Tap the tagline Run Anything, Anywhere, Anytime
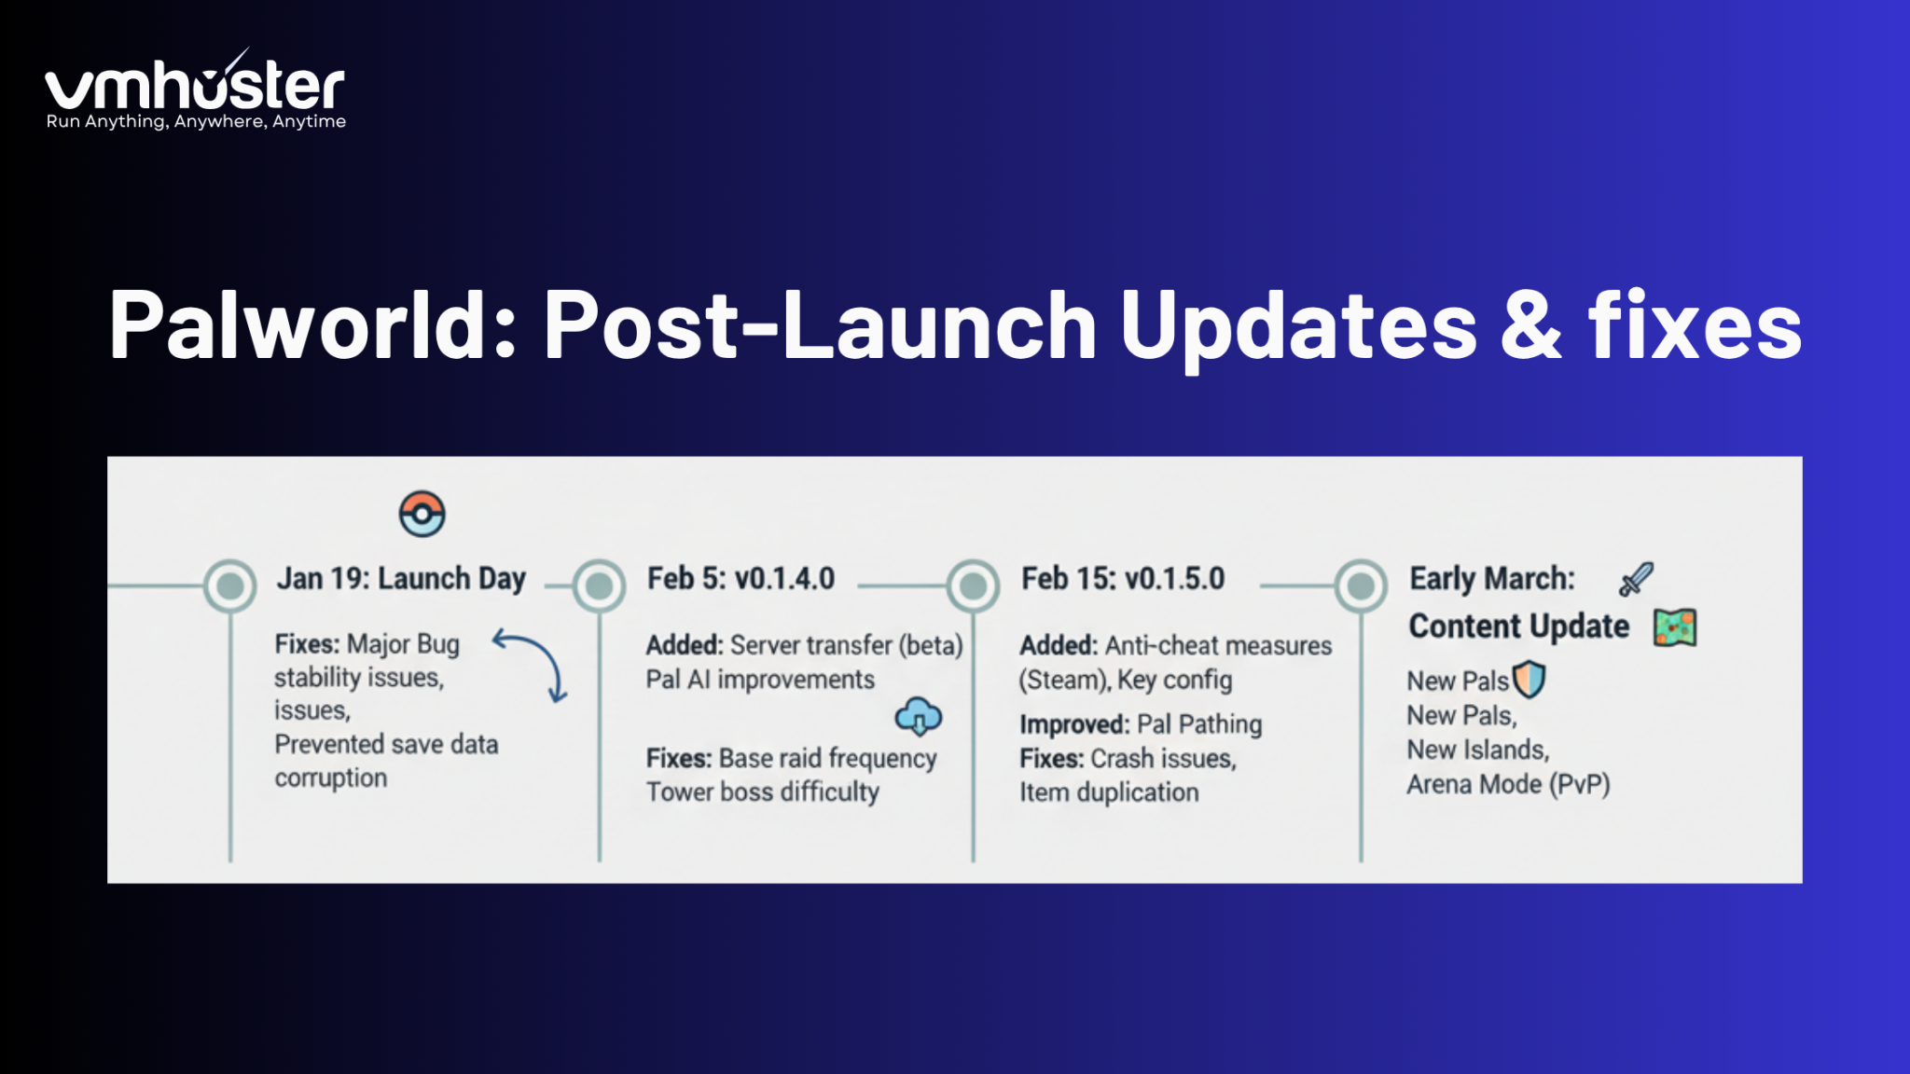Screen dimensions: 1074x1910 pyautogui.click(x=196, y=122)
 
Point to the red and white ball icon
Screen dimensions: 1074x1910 pyautogui.click(x=422, y=514)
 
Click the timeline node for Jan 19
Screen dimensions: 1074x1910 pyautogui.click(x=230, y=585)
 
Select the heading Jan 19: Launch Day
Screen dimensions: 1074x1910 pyautogui.click(x=401, y=579)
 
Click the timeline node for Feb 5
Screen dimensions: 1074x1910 pyautogui.click(x=600, y=585)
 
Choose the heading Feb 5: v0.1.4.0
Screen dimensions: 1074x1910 pyautogui.click(x=740, y=579)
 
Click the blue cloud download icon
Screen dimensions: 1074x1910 pyautogui.click(x=919, y=716)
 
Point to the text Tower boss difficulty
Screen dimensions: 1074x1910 pyautogui.click(x=762, y=792)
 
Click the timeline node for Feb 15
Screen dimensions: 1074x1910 pyautogui.click(x=974, y=585)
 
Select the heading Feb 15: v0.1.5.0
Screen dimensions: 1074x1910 pyautogui.click(x=1123, y=579)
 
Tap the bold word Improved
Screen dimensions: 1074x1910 pyautogui.click(x=1073, y=724)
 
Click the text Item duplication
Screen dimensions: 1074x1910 pyautogui.click(x=1109, y=792)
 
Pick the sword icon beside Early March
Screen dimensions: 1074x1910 pyautogui.click(x=1636, y=579)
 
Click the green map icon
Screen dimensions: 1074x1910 pyautogui.click(x=1675, y=627)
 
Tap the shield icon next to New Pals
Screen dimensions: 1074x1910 pyautogui.click(x=1529, y=680)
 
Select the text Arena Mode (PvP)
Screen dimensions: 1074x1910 pyautogui.click(x=1508, y=785)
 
